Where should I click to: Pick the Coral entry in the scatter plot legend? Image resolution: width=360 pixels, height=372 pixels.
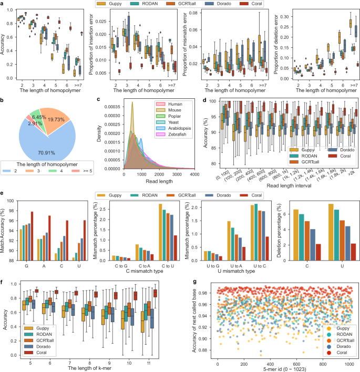pyautogui.click(x=338, y=349)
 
